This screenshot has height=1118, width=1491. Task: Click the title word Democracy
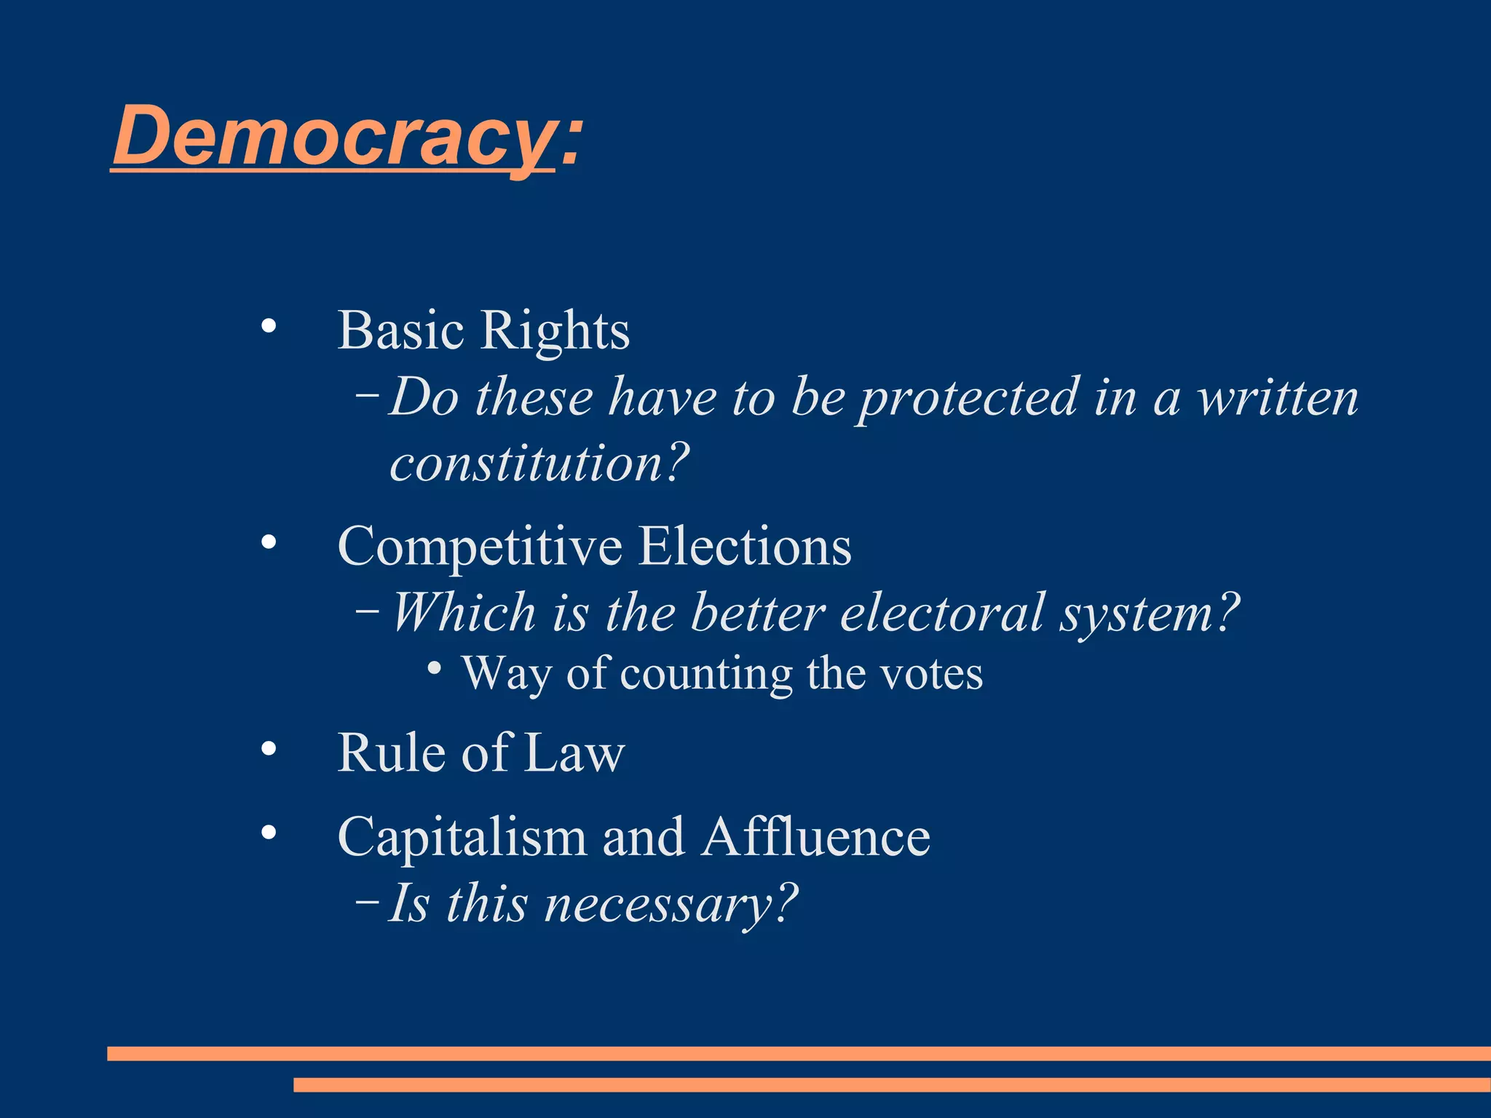[333, 136]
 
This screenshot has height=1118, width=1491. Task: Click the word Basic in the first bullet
[400, 330]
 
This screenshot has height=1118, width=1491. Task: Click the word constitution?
[539, 464]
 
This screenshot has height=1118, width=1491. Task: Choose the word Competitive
[480, 547]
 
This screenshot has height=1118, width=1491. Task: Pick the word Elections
[745, 546]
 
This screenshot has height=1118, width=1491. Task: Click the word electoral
[942, 612]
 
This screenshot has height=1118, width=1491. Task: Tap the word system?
[1150, 614]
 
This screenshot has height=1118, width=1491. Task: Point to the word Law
[574, 753]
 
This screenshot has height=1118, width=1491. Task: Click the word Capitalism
[462, 837]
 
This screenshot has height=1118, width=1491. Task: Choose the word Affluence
[816, 836]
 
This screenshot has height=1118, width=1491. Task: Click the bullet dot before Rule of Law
[269, 749]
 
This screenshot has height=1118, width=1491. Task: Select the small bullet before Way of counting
[435, 668]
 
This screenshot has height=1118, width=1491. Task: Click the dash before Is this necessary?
[367, 903]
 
